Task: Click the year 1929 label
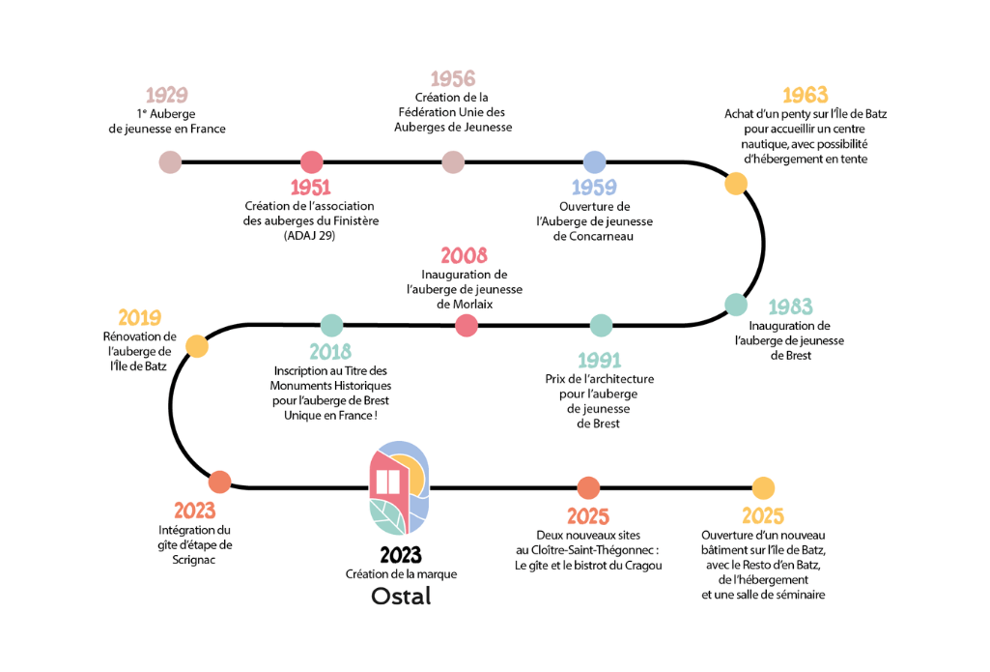click(166, 95)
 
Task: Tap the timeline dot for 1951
click(311, 161)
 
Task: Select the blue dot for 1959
click(594, 161)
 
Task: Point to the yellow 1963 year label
click(805, 95)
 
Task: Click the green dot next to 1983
click(736, 304)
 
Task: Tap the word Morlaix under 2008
click(465, 304)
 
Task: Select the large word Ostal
click(401, 597)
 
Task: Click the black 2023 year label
click(401, 555)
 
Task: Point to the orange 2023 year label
click(194, 511)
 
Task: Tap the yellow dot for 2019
click(196, 345)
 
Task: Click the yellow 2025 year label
click(762, 516)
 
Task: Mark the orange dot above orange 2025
click(588, 488)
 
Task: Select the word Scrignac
click(194, 559)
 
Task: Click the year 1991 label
click(599, 361)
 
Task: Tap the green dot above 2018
click(331, 325)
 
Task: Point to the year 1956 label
click(453, 79)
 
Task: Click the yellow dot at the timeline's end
click(763, 488)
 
